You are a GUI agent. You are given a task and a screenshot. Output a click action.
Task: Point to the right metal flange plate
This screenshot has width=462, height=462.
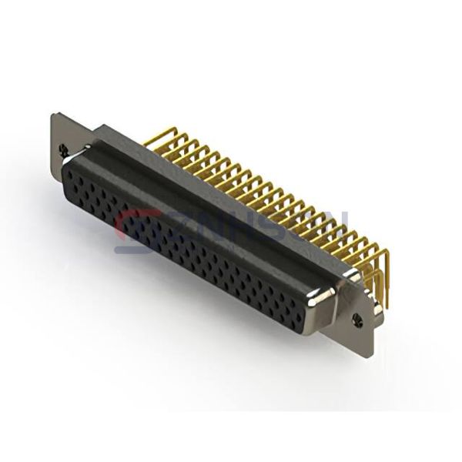click(359, 312)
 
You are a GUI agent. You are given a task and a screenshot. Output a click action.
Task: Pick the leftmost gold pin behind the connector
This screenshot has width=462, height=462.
click(158, 139)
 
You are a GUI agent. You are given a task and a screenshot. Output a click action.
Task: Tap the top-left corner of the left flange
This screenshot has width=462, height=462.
click(53, 115)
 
